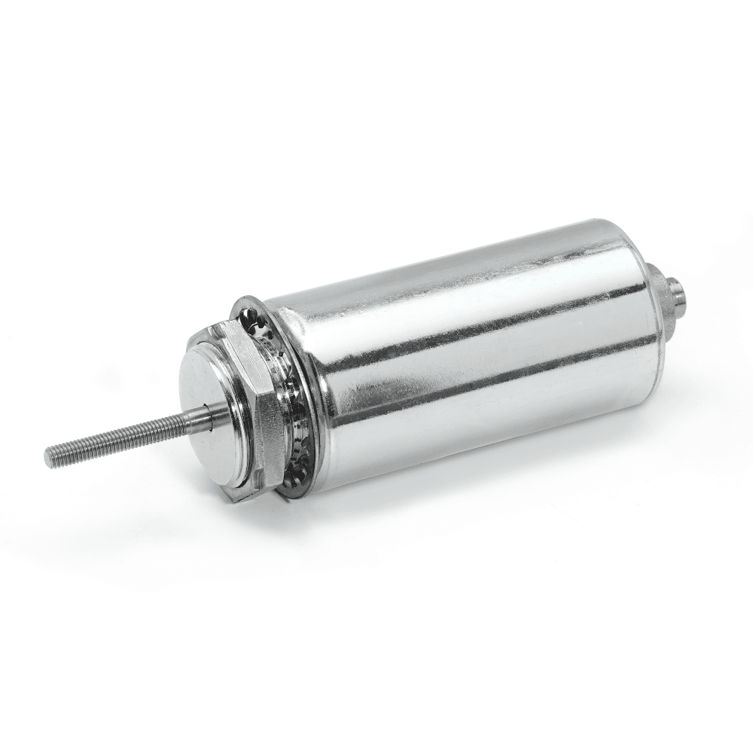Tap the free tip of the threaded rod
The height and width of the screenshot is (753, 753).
pos(50,456)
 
